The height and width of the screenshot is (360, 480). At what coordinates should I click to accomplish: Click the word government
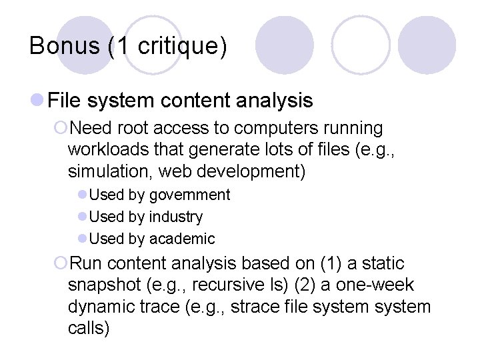[189, 195]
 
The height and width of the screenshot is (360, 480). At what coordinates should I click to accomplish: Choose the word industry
[176, 217]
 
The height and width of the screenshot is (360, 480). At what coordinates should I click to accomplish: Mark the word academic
[182, 239]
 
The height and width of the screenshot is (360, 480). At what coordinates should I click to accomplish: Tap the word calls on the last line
[88, 329]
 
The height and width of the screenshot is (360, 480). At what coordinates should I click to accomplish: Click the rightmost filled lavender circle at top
[427, 45]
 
